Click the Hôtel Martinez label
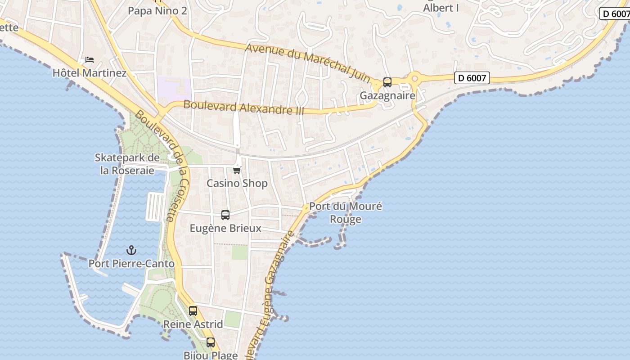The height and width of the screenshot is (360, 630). (x=90, y=72)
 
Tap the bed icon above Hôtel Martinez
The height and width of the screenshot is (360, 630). (x=90, y=60)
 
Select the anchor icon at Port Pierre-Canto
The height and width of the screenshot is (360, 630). (x=131, y=250)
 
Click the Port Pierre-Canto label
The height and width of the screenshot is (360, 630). (x=131, y=264)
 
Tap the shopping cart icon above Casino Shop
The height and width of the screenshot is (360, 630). (x=237, y=170)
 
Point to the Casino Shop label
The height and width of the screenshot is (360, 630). (x=237, y=183)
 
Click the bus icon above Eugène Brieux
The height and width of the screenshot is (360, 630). (x=225, y=215)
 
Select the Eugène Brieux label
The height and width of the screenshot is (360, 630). (x=225, y=228)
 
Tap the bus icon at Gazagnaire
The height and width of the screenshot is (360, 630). (x=387, y=82)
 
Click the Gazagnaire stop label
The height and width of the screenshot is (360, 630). (x=387, y=96)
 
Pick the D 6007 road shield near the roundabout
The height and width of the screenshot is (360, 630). (x=472, y=78)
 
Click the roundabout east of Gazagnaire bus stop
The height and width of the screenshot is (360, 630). (x=414, y=79)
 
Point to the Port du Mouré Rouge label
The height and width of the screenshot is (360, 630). (x=346, y=213)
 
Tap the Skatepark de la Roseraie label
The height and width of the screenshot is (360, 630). (x=127, y=164)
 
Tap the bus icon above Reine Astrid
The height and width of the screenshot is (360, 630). (x=193, y=311)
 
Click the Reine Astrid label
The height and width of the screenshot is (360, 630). (x=193, y=324)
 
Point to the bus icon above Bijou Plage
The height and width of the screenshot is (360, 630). (x=210, y=342)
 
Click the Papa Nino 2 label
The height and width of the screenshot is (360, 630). (x=157, y=11)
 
